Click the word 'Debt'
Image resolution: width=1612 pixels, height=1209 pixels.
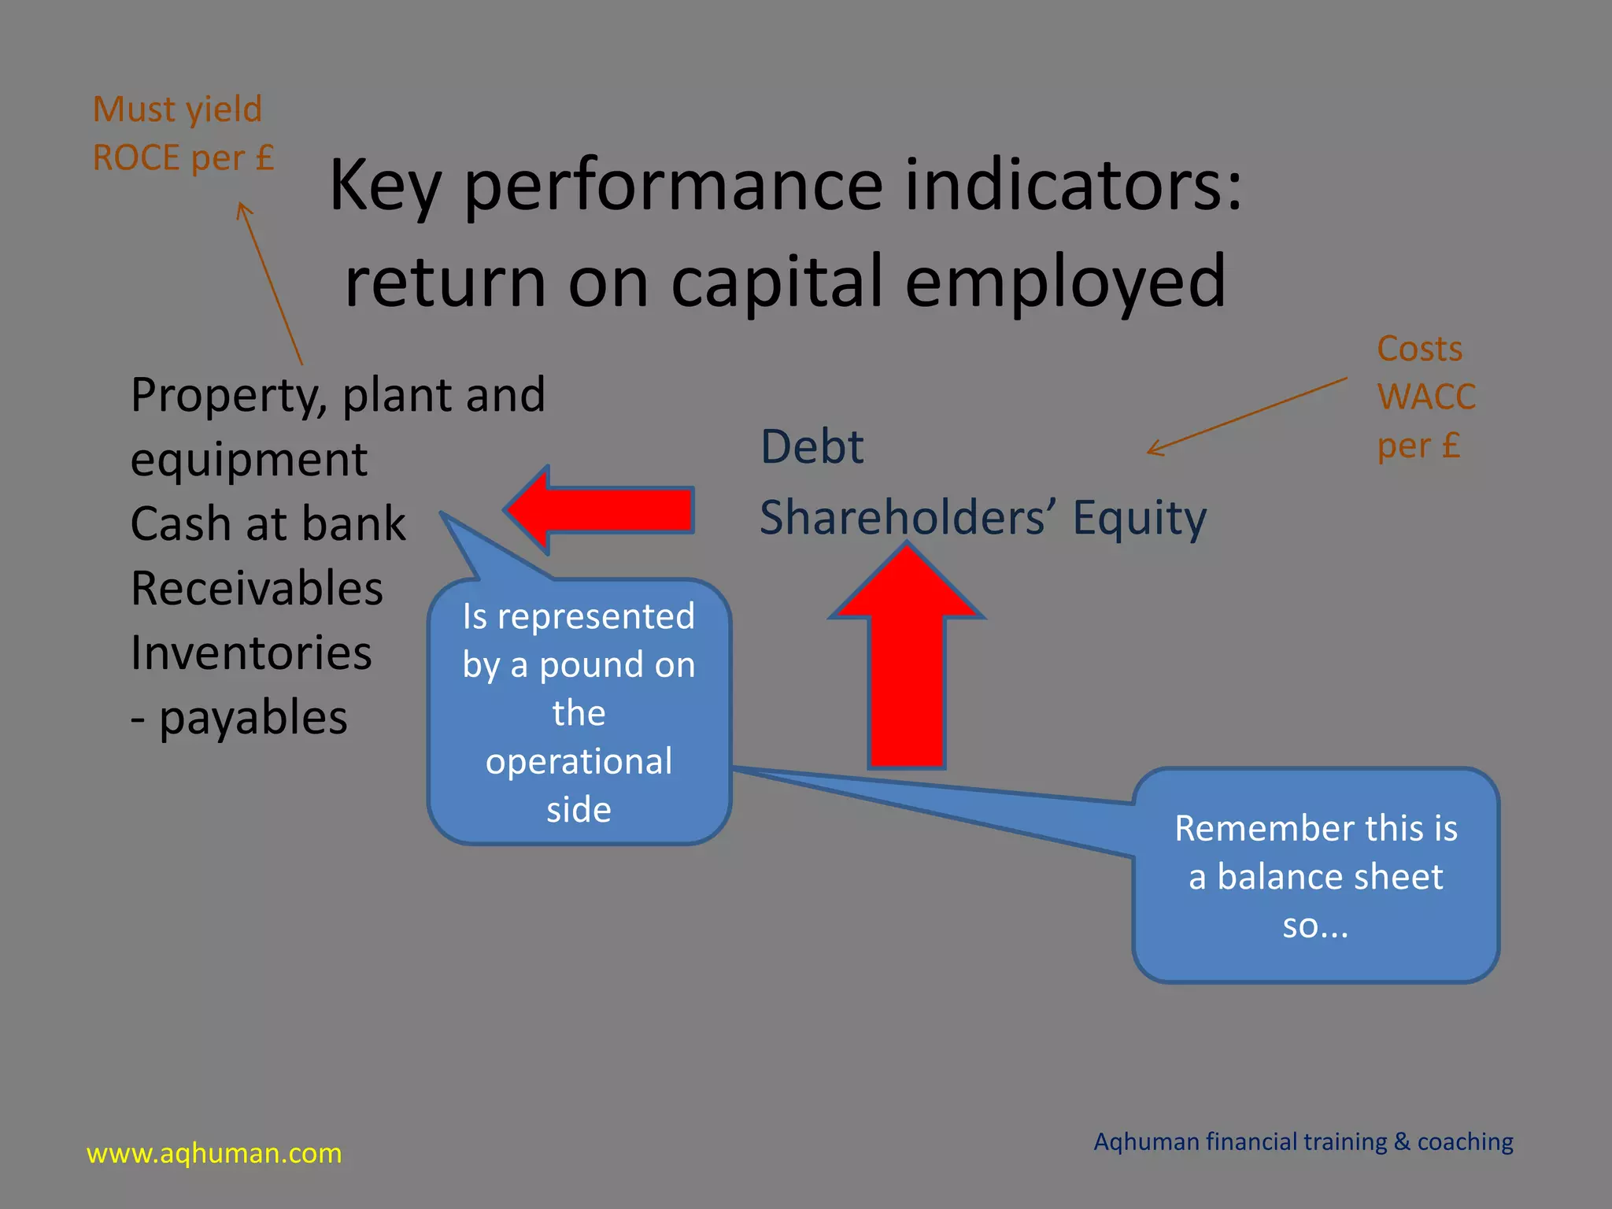click(x=812, y=447)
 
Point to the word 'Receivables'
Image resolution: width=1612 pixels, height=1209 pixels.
click(x=257, y=589)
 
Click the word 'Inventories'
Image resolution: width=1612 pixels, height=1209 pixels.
click(x=251, y=653)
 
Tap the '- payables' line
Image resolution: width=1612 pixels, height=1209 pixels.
click(x=238, y=718)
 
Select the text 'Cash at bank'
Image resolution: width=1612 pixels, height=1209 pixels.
click(x=268, y=524)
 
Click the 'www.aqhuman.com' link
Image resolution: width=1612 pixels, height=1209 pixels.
click(x=214, y=1153)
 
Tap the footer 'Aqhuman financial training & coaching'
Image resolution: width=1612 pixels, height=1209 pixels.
click(x=1303, y=1141)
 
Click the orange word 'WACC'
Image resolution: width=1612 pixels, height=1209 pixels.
click(x=1425, y=397)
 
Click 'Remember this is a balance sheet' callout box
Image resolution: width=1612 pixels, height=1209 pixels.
click(x=1315, y=875)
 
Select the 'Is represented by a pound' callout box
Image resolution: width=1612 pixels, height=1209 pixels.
click(x=579, y=712)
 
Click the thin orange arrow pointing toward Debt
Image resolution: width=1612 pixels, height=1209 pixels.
click(x=1248, y=416)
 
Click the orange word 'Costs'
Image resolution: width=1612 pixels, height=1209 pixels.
click(x=1419, y=349)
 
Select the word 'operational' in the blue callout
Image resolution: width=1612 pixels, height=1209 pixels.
click(x=579, y=761)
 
